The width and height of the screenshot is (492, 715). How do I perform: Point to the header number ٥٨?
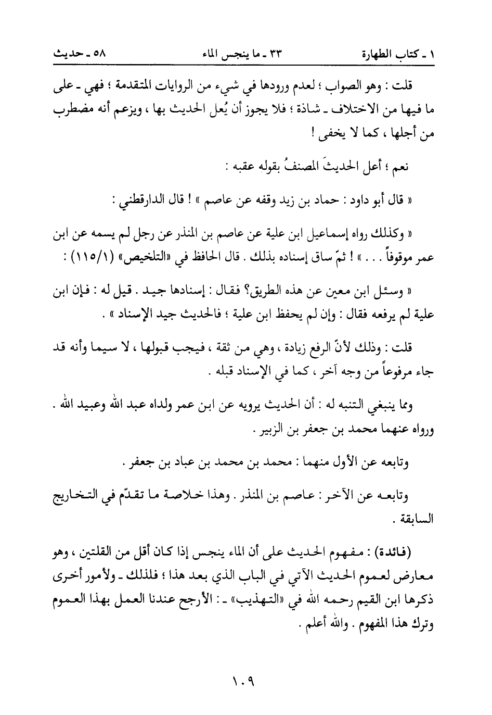tap(96, 54)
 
